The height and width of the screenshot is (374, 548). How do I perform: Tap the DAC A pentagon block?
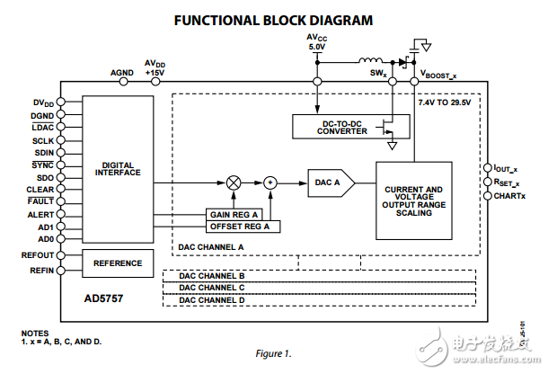(330, 183)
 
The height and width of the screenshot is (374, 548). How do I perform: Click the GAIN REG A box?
(236, 216)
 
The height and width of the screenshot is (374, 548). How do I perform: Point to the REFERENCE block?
(118, 263)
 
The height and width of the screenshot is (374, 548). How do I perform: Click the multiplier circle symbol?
(234, 183)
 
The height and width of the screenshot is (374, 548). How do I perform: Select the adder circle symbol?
(270, 183)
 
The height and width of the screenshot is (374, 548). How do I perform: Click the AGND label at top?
(121, 73)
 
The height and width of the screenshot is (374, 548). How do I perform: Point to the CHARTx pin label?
(511, 195)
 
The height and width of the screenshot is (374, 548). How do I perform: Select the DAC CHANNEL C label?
(213, 287)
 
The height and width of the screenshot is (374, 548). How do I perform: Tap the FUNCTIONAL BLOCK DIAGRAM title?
(273, 20)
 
